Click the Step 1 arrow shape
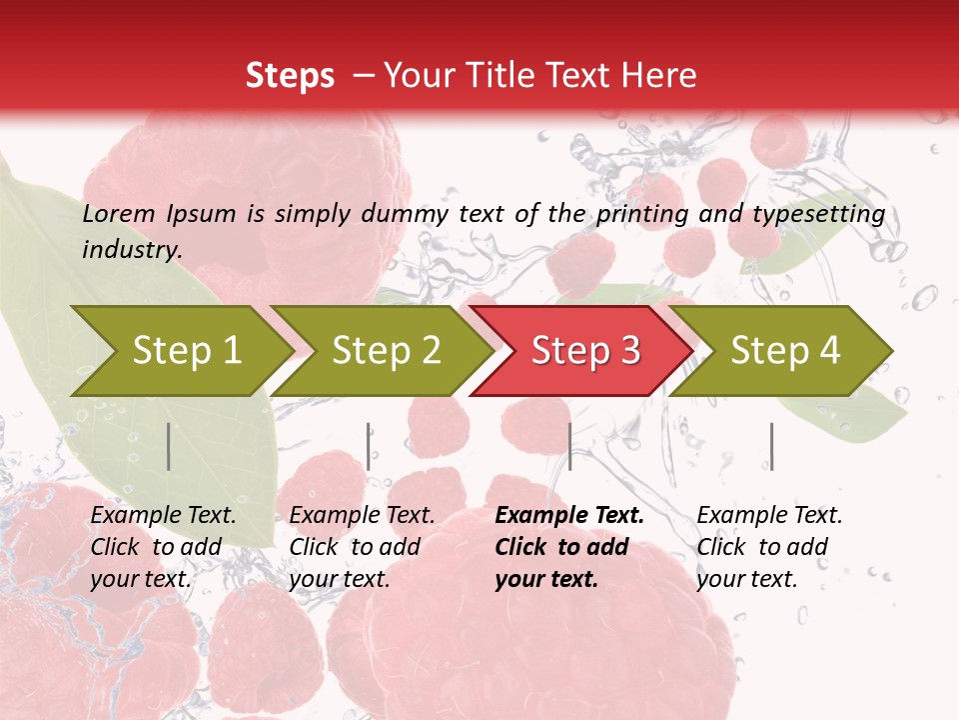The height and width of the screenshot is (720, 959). coord(186,351)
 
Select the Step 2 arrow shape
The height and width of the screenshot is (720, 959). coord(386,351)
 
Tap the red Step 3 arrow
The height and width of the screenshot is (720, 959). coord(585,351)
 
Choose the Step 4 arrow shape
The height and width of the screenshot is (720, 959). coord(785,351)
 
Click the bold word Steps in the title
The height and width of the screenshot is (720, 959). coord(290,76)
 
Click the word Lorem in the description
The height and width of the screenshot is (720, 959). coord(119,214)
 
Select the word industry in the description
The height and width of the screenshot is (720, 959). coord(131,250)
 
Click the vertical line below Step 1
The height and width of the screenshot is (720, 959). coord(169,446)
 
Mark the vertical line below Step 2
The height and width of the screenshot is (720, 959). coord(369,446)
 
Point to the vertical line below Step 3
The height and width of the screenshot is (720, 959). coord(569,446)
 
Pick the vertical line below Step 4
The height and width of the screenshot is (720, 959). coord(771,446)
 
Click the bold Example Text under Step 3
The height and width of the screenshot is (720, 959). coord(569,516)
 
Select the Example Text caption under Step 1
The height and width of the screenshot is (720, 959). coord(163,516)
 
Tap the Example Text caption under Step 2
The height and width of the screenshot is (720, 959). coord(362,516)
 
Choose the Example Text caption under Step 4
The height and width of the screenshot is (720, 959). coord(769,516)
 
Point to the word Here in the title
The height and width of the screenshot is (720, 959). coord(658,76)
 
